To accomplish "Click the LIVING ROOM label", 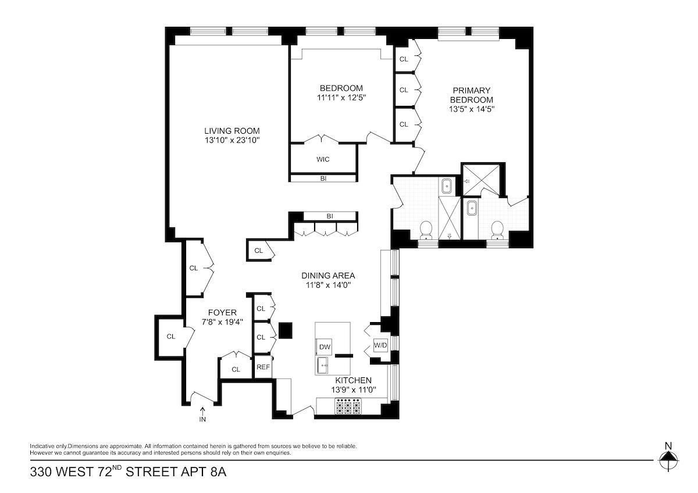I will [232, 131].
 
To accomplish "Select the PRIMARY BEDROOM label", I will [472, 95].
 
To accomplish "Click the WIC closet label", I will [323, 159].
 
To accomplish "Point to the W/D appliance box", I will [380, 345].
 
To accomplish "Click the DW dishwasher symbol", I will [325, 347].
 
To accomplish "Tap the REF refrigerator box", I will [263, 367].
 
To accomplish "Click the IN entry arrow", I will [202, 412].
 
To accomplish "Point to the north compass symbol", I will [668, 458].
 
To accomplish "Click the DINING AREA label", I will [328, 276].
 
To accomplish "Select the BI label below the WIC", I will [323, 178].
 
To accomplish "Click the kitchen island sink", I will [323, 366].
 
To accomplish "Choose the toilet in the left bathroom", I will [426, 230].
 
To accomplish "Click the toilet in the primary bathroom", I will [497, 230].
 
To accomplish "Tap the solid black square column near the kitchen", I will [284, 330].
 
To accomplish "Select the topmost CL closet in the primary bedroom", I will [404, 59].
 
